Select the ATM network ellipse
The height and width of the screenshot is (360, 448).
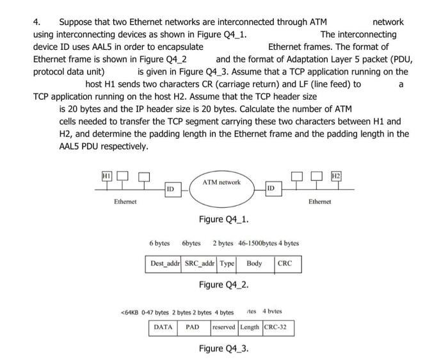pyautogui.click(x=221, y=189)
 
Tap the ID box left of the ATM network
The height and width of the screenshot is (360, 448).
pyautogui.click(x=170, y=189)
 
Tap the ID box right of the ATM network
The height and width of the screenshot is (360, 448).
pyautogui.click(x=271, y=189)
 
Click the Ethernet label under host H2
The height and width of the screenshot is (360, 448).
pyautogui.click(x=319, y=201)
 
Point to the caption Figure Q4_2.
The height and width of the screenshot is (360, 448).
pyautogui.click(x=224, y=284)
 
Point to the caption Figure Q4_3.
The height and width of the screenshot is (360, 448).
pyautogui.click(x=224, y=348)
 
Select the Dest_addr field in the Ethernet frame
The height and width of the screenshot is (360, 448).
pyautogui.click(x=164, y=263)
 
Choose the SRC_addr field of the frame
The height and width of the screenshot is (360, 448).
pyautogui.click(x=200, y=263)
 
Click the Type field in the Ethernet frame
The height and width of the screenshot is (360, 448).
pyautogui.click(x=227, y=263)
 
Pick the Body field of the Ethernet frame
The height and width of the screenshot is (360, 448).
pyautogui.click(x=254, y=263)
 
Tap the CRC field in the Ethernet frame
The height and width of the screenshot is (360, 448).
pyautogui.click(x=285, y=263)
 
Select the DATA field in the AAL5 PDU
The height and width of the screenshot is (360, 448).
pyautogui.click(x=164, y=327)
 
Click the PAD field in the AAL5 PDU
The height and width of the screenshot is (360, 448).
pyautogui.click(x=193, y=327)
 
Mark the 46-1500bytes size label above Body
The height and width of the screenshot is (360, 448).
pyautogui.click(x=259, y=244)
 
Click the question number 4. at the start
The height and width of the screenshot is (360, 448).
pyautogui.click(x=37, y=22)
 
